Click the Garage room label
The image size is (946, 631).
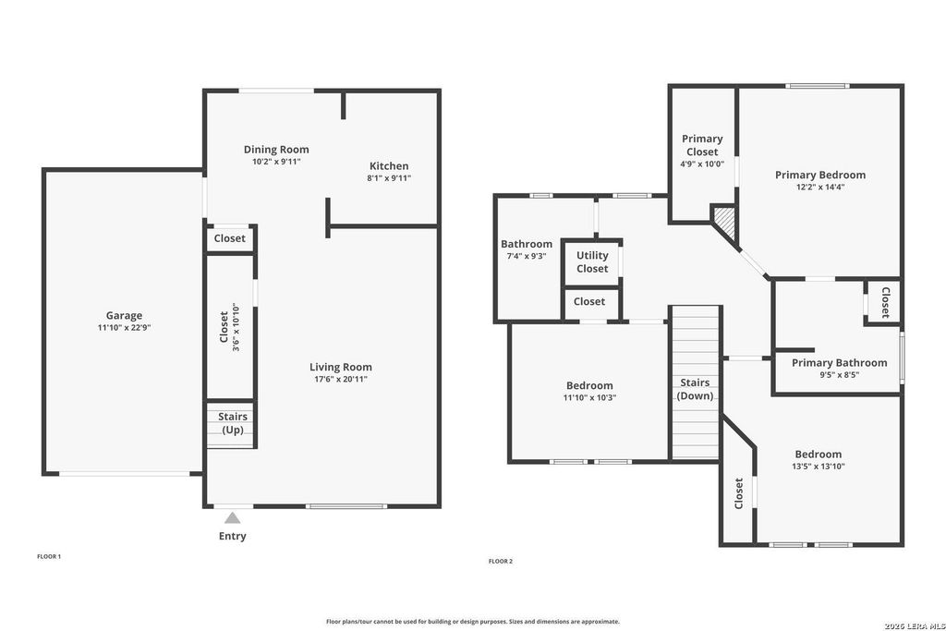click(125, 316)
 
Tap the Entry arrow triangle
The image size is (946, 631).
click(232, 517)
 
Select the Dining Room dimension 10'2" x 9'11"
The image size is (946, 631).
click(276, 162)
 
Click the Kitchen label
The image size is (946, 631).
click(389, 166)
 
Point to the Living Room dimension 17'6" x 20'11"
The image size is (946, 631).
click(341, 380)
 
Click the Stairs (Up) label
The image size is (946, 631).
click(233, 423)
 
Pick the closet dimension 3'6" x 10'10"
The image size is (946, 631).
click(236, 328)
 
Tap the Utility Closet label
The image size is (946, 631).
click(592, 261)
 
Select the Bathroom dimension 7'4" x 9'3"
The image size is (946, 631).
click(527, 256)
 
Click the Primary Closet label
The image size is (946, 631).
click(702, 145)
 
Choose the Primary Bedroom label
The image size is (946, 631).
click(820, 175)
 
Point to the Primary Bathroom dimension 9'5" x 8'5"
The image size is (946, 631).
click(839, 374)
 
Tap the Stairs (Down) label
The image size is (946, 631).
click(695, 389)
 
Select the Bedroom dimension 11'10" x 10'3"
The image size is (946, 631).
click(589, 398)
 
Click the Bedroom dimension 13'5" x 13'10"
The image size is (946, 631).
click(819, 467)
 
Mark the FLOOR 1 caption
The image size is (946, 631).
click(49, 557)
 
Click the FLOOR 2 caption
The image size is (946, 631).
click(501, 561)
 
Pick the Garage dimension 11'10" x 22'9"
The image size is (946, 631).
click(125, 328)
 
